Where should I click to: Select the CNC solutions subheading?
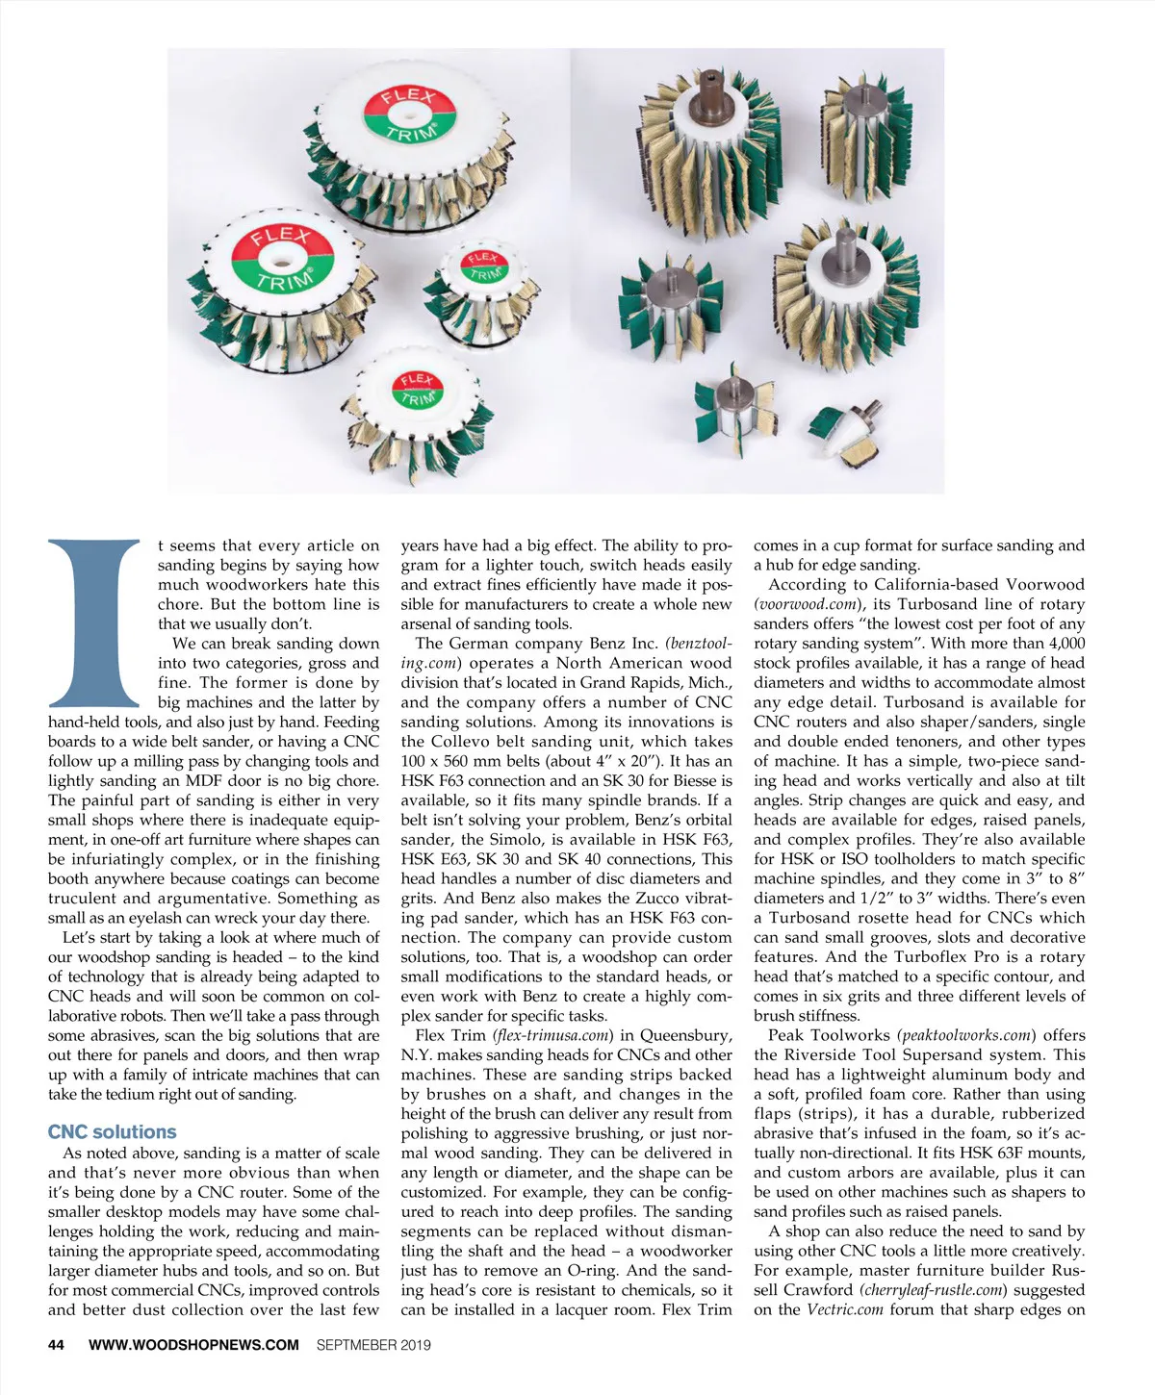[x=113, y=1131]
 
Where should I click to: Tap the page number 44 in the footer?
[x=57, y=1344]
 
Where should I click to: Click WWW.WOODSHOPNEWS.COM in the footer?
[x=193, y=1344]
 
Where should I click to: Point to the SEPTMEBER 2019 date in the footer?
[x=373, y=1344]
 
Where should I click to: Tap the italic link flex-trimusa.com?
[x=552, y=1035]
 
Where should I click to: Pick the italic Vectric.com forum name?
[x=845, y=1309]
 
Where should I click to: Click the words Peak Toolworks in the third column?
[x=829, y=1035]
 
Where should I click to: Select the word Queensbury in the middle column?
[x=685, y=1035]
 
